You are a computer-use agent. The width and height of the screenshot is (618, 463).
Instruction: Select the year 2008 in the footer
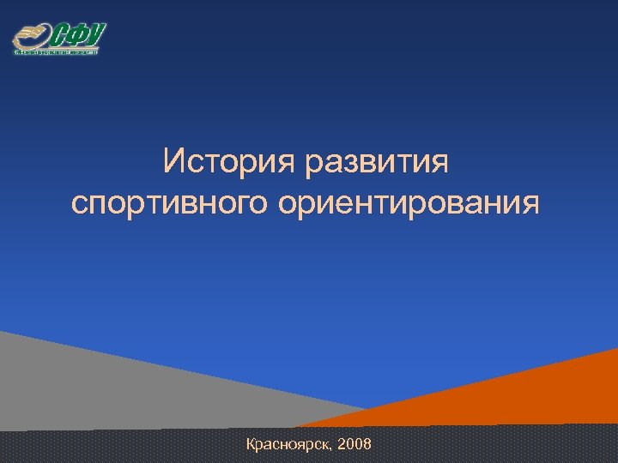pyautogui.click(x=355, y=445)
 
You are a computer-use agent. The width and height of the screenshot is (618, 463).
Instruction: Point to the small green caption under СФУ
pyautogui.click(x=57, y=51)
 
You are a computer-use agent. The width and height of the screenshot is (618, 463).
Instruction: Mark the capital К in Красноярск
pyautogui.click(x=251, y=444)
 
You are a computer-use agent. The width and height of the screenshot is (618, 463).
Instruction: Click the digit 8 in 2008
pyautogui.click(x=367, y=445)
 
